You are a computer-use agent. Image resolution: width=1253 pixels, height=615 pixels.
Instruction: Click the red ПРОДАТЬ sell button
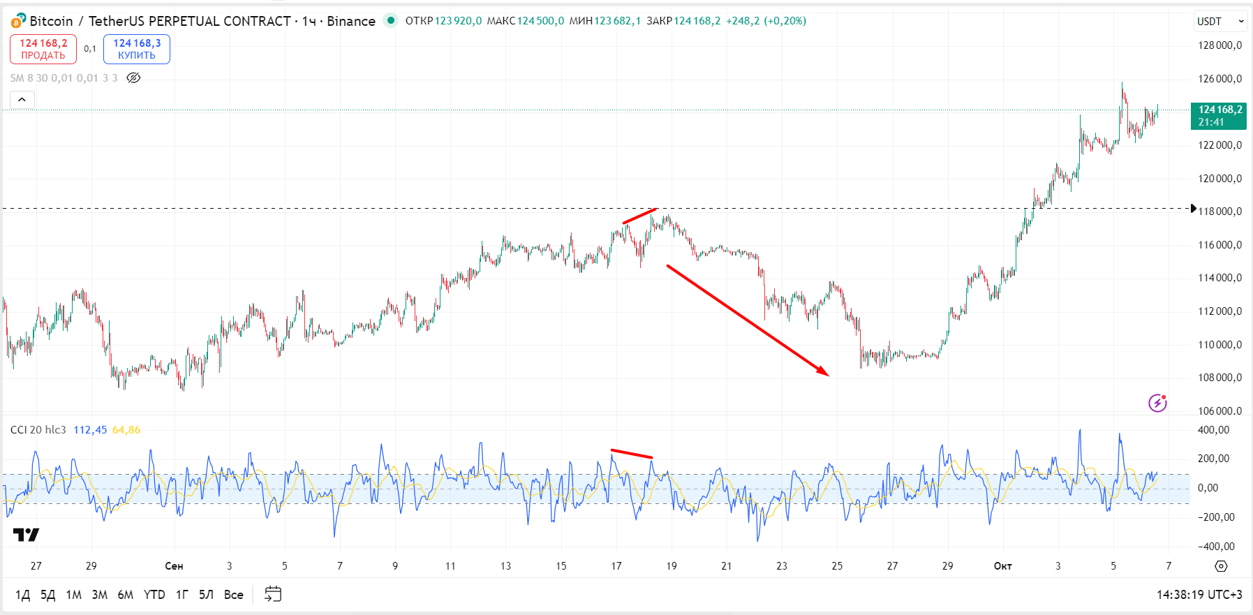(x=43, y=49)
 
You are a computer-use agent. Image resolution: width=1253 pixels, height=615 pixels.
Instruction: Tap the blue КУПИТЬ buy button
(x=137, y=49)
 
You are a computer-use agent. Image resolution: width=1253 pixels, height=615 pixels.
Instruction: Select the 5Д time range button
(x=47, y=595)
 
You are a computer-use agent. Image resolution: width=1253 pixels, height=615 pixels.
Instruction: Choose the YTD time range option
(x=154, y=595)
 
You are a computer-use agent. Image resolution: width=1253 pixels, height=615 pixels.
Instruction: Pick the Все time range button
(x=234, y=595)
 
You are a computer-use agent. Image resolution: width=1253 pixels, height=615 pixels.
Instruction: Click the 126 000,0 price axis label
(x=1219, y=79)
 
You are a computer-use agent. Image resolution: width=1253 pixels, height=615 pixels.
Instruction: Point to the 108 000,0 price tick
(x=1219, y=378)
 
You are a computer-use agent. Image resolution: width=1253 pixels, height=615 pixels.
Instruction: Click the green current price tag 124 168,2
(x=1219, y=115)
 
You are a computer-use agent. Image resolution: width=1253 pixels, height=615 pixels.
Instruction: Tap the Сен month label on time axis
(x=174, y=566)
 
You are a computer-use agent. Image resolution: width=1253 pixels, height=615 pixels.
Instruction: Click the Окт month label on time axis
(x=1002, y=566)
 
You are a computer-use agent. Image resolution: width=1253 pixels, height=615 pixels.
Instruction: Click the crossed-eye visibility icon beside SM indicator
(x=133, y=77)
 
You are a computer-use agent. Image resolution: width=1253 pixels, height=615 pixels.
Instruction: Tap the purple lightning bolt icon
(x=1157, y=403)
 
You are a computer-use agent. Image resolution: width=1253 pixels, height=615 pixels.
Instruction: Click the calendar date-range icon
(x=273, y=594)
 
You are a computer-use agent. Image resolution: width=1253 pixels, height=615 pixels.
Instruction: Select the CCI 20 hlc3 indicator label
(x=38, y=430)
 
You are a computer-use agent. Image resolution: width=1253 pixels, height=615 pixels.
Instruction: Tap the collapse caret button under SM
(x=22, y=100)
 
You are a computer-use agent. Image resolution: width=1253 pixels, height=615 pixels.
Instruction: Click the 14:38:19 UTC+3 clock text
(x=1199, y=595)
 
